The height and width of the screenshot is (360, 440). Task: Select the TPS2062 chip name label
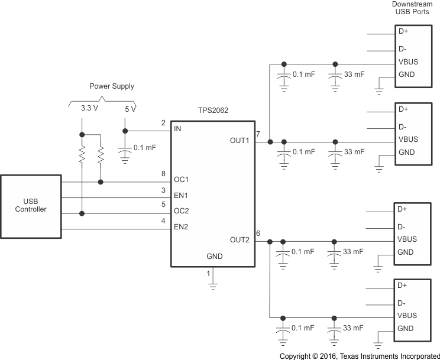click(x=212, y=111)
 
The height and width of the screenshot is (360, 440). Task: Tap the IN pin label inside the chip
click(x=177, y=128)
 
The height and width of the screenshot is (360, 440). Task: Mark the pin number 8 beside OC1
click(x=163, y=174)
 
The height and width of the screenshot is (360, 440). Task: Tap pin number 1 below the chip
click(x=208, y=274)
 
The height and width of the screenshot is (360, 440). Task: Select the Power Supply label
click(x=112, y=86)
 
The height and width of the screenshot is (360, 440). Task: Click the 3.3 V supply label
click(x=89, y=109)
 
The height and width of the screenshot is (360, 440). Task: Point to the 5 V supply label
click(x=130, y=109)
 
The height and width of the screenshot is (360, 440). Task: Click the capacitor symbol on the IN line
click(x=125, y=151)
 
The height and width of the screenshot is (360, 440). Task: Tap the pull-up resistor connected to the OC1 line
click(x=101, y=157)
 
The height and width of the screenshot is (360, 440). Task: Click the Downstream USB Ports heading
click(x=412, y=8)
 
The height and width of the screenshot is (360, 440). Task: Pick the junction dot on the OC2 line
click(x=82, y=213)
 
